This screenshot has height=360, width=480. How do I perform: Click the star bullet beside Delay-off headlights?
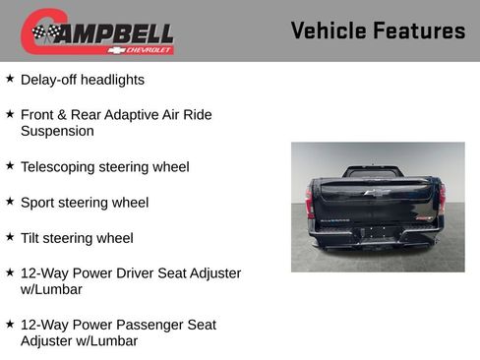tap(10, 78)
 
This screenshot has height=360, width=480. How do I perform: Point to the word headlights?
tap(112, 80)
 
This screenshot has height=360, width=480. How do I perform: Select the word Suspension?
tap(57, 131)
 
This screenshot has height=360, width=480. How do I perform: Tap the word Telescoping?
tap(62, 167)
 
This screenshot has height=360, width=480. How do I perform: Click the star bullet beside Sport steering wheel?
tap(10, 201)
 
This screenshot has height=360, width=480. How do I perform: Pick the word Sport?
tap(39, 203)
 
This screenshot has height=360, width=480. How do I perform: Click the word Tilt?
tap(32, 238)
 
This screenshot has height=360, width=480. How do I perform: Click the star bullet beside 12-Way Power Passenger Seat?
tap(10, 323)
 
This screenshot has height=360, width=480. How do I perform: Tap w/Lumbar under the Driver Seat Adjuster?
tap(51, 289)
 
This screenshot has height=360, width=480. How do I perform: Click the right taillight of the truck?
tap(442, 200)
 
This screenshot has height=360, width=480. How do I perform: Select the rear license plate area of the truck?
tap(376, 233)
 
